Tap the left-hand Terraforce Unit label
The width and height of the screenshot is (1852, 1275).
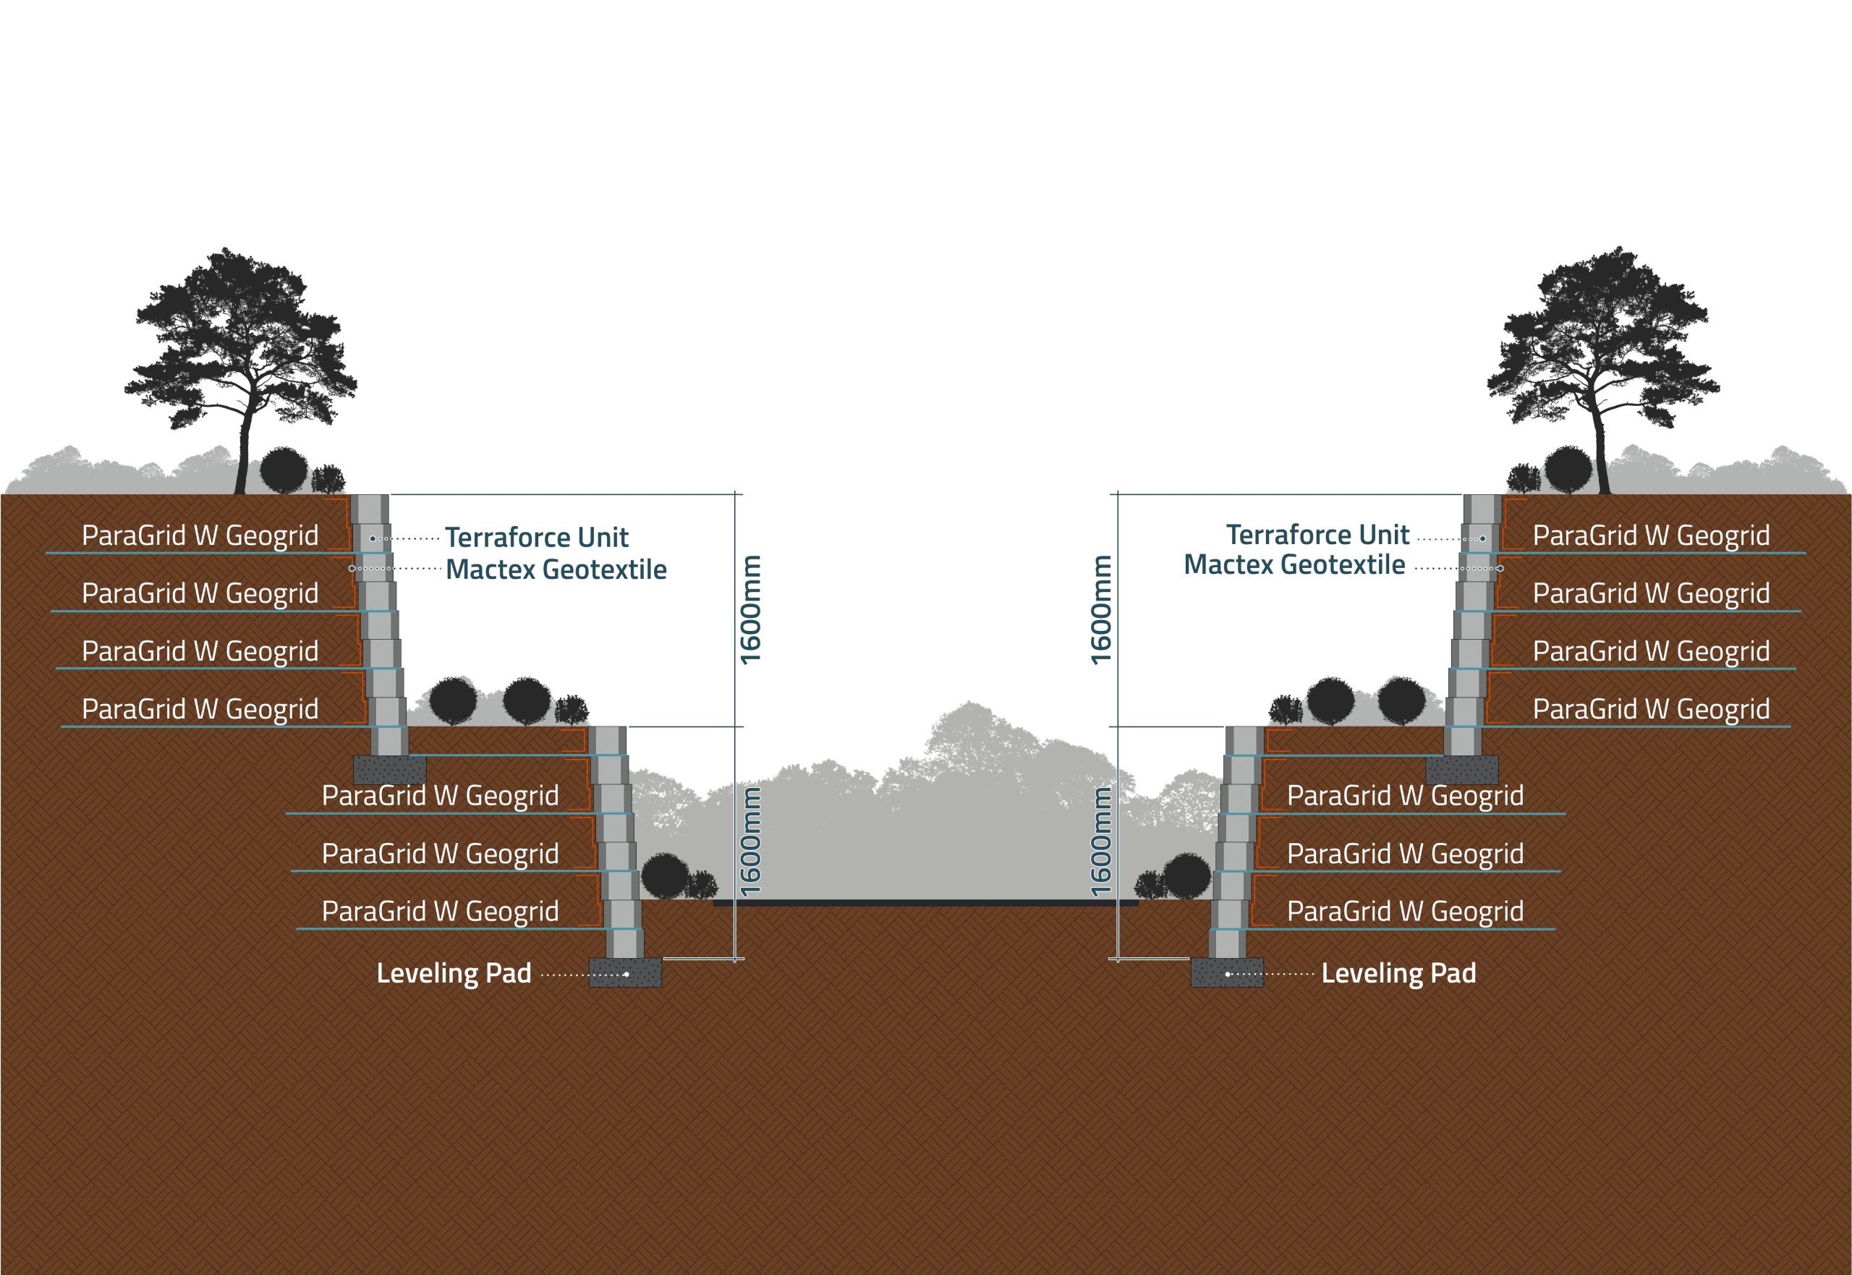point(537,537)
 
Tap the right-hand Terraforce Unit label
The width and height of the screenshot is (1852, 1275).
point(1317,535)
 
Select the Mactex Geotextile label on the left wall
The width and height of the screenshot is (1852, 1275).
point(556,569)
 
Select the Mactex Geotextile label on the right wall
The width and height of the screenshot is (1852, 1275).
point(1294,565)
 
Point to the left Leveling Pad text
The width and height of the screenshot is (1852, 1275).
point(454,973)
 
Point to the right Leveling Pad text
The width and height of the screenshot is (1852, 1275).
point(1398,973)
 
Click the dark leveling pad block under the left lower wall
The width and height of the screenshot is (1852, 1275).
point(625,973)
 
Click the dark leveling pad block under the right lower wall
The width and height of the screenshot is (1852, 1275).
point(1227,973)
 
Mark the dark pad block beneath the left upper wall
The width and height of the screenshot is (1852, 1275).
point(389,770)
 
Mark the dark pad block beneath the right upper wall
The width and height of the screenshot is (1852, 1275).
point(1462,770)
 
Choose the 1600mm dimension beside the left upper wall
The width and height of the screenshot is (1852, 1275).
point(752,609)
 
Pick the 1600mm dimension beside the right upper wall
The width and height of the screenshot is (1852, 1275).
point(1101,609)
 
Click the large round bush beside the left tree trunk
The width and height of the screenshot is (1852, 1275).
point(284,470)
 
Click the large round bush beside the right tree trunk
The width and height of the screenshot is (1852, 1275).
point(1568,470)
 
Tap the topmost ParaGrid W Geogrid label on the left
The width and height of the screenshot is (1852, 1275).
point(200,535)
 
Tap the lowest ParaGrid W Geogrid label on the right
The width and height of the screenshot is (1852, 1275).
point(1405,912)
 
